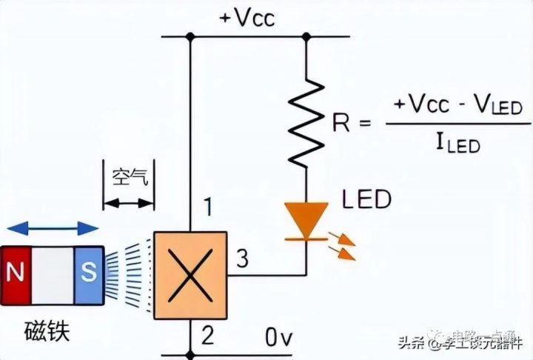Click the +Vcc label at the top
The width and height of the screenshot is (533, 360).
click(247, 17)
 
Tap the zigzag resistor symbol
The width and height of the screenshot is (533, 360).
click(306, 123)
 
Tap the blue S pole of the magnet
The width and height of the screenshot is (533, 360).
click(88, 274)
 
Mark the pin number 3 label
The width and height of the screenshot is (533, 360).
click(241, 259)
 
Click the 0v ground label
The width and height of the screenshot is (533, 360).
click(281, 338)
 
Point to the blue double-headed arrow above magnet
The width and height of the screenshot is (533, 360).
click(50, 227)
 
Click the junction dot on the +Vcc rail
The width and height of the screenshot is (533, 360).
click(190, 36)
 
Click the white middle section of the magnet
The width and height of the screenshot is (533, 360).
click(52, 274)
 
